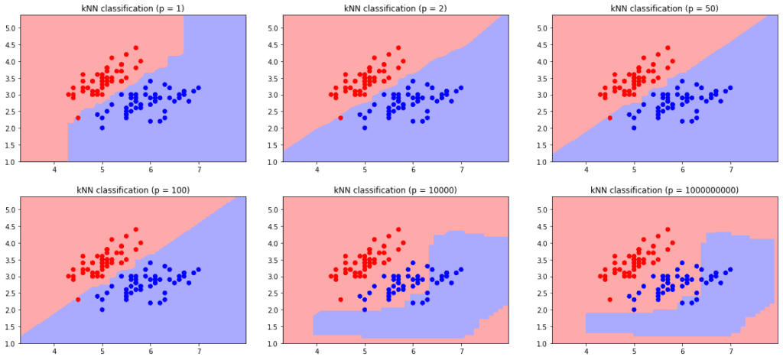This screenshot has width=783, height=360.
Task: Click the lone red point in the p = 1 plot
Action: click(78, 118)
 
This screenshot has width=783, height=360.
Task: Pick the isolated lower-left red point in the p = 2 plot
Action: click(340, 118)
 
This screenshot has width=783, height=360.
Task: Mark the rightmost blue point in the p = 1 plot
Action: click(199, 88)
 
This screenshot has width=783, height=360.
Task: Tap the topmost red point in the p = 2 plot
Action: click(398, 47)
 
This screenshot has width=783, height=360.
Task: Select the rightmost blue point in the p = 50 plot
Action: click(730, 88)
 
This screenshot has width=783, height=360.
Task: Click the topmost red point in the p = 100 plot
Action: click(136, 229)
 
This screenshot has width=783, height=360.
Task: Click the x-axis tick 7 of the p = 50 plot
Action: click(730, 172)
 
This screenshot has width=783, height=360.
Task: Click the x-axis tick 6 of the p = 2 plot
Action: click(413, 172)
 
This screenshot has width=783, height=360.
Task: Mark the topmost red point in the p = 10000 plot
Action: click(398, 229)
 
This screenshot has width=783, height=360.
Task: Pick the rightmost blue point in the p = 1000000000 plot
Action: click(730, 269)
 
